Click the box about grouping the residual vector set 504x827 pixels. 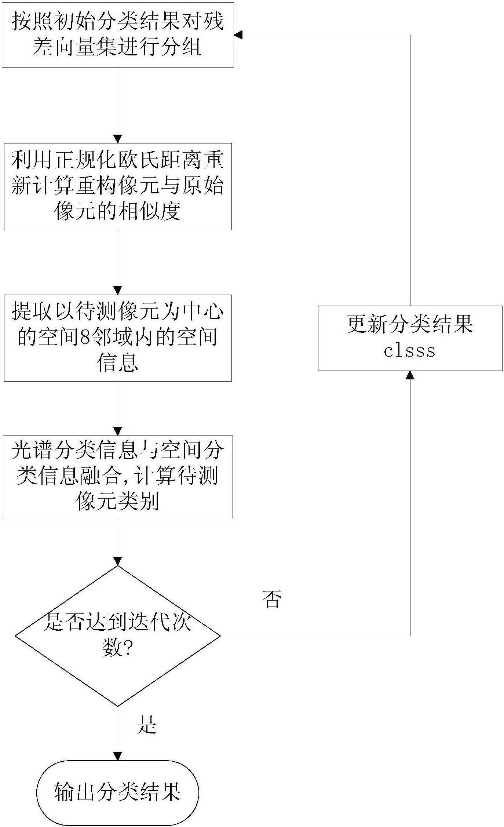[118, 35]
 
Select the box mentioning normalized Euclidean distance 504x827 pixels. [118, 186]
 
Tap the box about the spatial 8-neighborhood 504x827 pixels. [118, 338]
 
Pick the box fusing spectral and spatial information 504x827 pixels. [118, 477]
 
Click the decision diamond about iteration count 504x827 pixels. [118, 636]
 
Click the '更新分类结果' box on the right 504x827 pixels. [410, 338]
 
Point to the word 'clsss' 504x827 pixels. [409, 351]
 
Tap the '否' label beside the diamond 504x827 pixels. [272, 599]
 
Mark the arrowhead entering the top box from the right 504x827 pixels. [238, 35]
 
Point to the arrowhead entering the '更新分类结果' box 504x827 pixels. [410, 375]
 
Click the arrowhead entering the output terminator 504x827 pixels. [118, 756]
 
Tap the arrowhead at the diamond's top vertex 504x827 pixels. [118, 561]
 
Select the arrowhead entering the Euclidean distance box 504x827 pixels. [118, 139]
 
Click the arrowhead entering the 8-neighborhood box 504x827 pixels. [118, 290]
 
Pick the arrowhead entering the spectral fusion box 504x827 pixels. [118, 431]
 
